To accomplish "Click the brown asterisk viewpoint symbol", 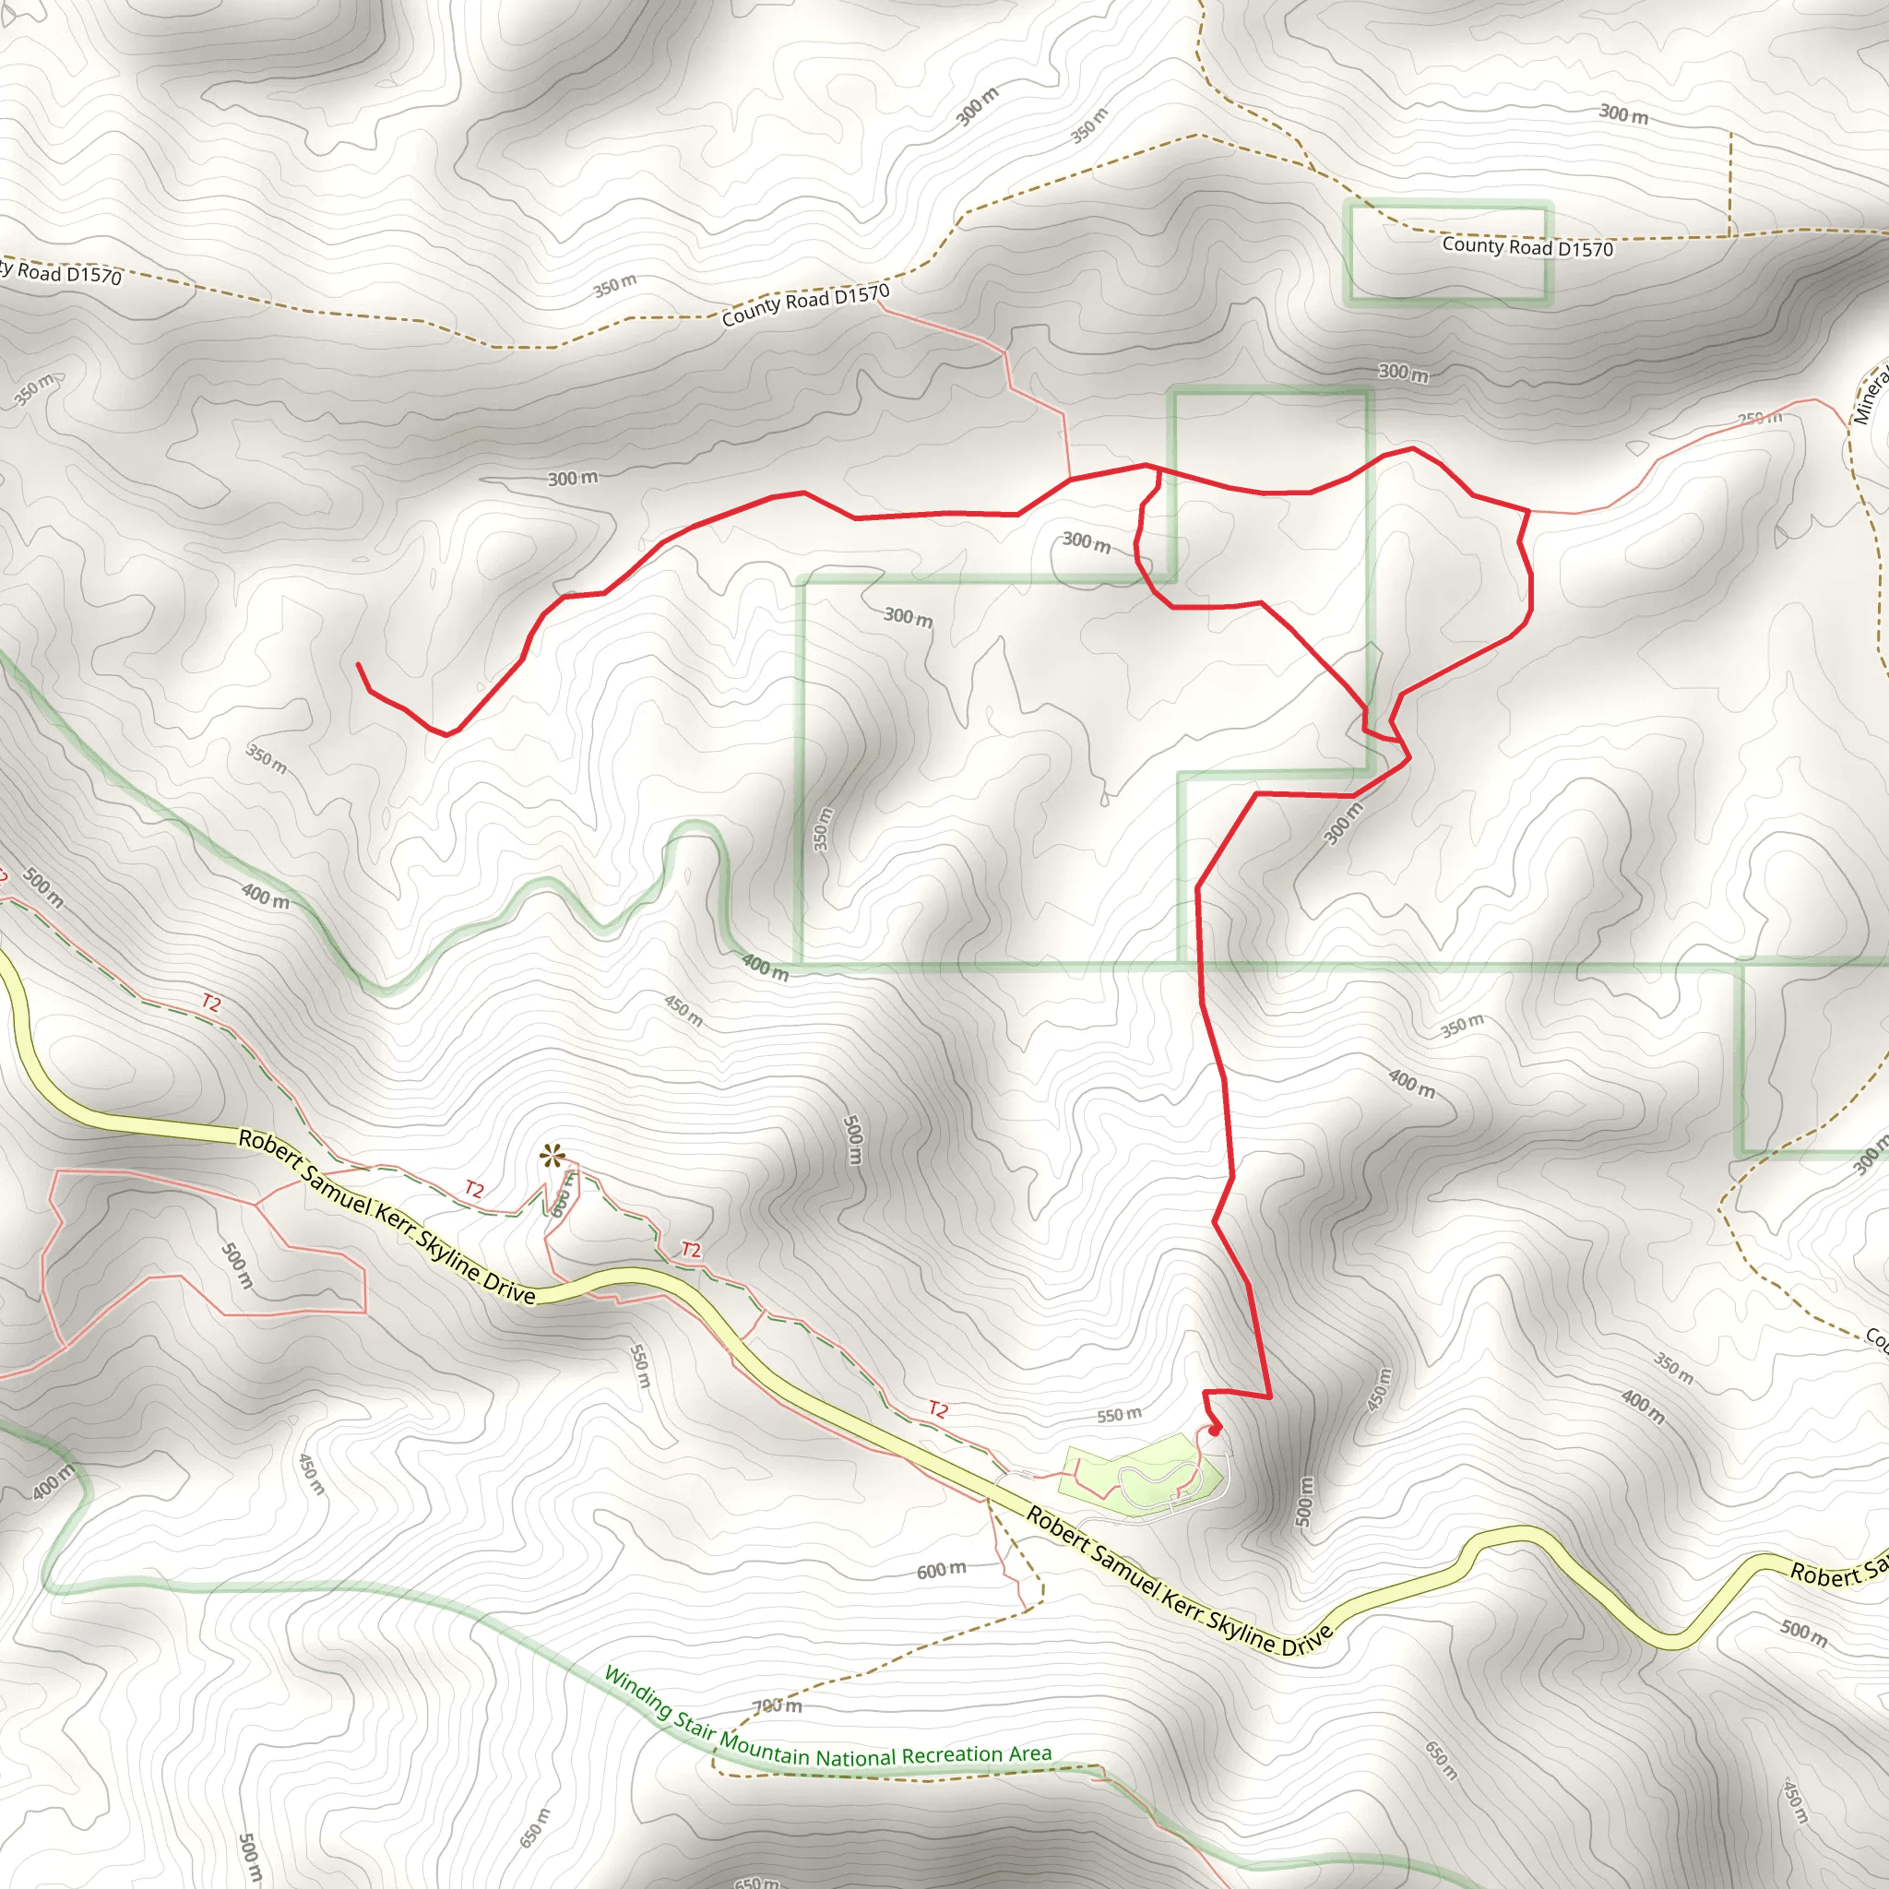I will point(552,1158).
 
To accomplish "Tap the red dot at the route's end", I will point(1216,1430).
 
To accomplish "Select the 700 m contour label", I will point(778,1707).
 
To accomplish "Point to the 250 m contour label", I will point(1760,419).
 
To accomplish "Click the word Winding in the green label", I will point(637,1694).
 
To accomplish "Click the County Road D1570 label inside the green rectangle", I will point(1527,247).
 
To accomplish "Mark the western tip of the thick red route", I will point(358,665).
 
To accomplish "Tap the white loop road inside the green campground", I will point(1154,1482).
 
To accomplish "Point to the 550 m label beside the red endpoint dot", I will point(1119,1415).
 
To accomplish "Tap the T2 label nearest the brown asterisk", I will point(474,1189).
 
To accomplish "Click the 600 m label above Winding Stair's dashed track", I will point(942,1570).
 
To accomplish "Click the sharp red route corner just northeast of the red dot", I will point(1269,1397).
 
